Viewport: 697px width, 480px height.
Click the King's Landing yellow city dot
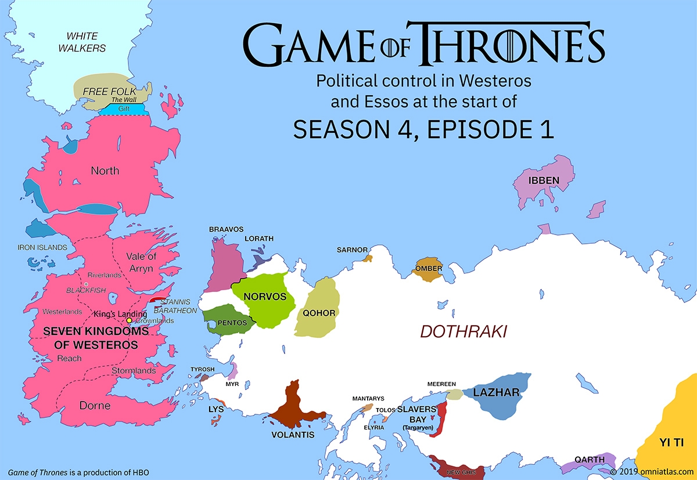tap(129, 320)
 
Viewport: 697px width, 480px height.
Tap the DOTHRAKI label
tap(464, 332)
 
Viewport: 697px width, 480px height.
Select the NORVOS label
tap(265, 297)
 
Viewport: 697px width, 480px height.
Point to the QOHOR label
tap(319, 313)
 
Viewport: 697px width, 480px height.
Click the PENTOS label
tap(233, 323)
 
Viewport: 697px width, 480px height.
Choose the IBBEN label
tap(544, 181)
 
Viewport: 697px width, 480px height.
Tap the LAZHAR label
tap(496, 393)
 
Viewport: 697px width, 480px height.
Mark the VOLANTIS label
tap(293, 434)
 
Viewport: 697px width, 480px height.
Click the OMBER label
tap(429, 269)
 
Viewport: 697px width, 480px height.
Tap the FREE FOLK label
tap(109, 92)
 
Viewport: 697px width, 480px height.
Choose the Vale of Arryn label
tap(141, 262)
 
